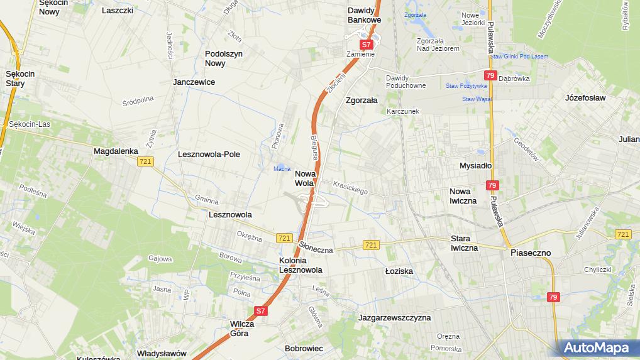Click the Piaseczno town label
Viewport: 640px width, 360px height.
pyautogui.click(x=530, y=253)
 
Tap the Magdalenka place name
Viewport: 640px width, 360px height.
pyautogui.click(x=115, y=151)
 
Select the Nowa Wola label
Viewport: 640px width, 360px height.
pyautogui.click(x=305, y=178)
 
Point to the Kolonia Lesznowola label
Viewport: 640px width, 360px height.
pyautogui.click(x=301, y=265)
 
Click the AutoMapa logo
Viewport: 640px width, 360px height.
pyautogui.click(x=595, y=347)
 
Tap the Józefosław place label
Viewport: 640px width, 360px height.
pyautogui.click(x=585, y=98)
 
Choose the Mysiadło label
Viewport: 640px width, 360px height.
pyautogui.click(x=475, y=166)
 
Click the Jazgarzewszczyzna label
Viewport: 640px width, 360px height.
pyautogui.click(x=394, y=318)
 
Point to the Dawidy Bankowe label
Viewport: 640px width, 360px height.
pyautogui.click(x=365, y=15)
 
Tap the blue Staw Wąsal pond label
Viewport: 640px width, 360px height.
pyautogui.click(x=476, y=99)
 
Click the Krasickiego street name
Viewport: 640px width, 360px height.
pyautogui.click(x=350, y=187)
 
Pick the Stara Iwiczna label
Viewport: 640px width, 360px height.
pyautogui.click(x=464, y=243)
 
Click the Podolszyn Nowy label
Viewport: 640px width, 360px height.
pyautogui.click(x=224, y=58)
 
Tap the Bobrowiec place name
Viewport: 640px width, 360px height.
pyautogui.click(x=304, y=348)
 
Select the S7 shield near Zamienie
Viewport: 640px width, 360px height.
pyautogui.click(x=367, y=44)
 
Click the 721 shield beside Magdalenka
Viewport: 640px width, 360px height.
pyautogui.click(x=145, y=161)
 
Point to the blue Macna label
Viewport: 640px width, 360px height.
pyautogui.click(x=281, y=168)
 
